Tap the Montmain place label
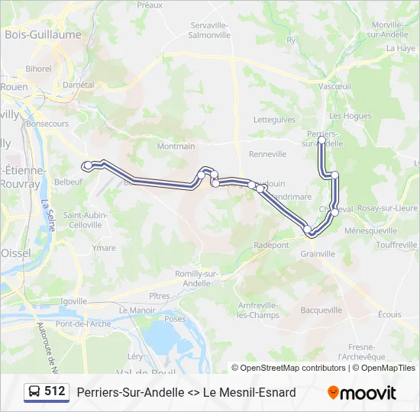pyautogui.click(x=176, y=146)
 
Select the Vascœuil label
pyautogui.click(x=334, y=86)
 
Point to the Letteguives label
pyautogui.click(x=274, y=120)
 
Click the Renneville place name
pyautogui.click(x=267, y=154)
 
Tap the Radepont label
pyautogui.click(x=272, y=245)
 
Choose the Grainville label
pyautogui.click(x=318, y=253)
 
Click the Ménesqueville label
pyautogui.click(x=371, y=230)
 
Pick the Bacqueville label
pyautogui.click(x=321, y=311)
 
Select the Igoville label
pyautogui.click(x=74, y=301)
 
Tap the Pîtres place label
pyautogui.click(x=160, y=295)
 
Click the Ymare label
pyautogui.click(x=104, y=248)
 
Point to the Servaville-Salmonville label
pyautogui.click(x=210, y=30)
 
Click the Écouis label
pyautogui.click(x=389, y=314)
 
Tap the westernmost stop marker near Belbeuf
pyautogui.click(x=88, y=166)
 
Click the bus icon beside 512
pyautogui.click(x=35, y=391)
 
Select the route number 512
pyautogui.click(x=55, y=391)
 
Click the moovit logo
pyautogui.click(x=362, y=392)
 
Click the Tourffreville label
pyautogui.click(x=396, y=245)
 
